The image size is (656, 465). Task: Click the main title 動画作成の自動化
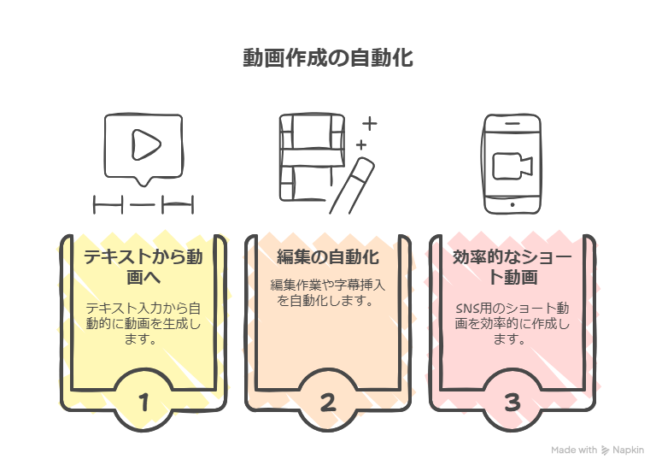tap(328, 58)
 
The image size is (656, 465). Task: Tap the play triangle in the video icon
tap(146, 144)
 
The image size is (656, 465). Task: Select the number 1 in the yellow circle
tap(143, 403)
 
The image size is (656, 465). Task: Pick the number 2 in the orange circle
tap(328, 403)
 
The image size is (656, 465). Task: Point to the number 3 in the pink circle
tap(512, 403)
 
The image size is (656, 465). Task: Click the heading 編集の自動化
tap(328, 257)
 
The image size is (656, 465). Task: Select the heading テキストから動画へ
tap(143, 267)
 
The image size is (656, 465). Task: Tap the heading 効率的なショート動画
tap(512, 267)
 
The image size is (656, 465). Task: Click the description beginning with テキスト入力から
tap(143, 323)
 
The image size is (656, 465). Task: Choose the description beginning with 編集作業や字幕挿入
tap(328, 293)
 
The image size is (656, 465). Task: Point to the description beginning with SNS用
tap(512, 323)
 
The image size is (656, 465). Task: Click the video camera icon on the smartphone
tap(512, 166)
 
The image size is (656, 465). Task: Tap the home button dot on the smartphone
tap(512, 205)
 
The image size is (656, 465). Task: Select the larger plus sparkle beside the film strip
tap(369, 123)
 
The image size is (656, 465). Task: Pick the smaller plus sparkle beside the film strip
tap(361, 145)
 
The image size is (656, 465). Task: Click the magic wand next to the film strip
tap(352, 185)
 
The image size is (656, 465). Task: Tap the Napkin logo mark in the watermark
tap(605, 450)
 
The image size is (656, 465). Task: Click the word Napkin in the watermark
tap(629, 450)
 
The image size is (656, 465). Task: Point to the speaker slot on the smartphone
tap(512, 123)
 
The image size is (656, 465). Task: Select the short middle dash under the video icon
tap(143, 204)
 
